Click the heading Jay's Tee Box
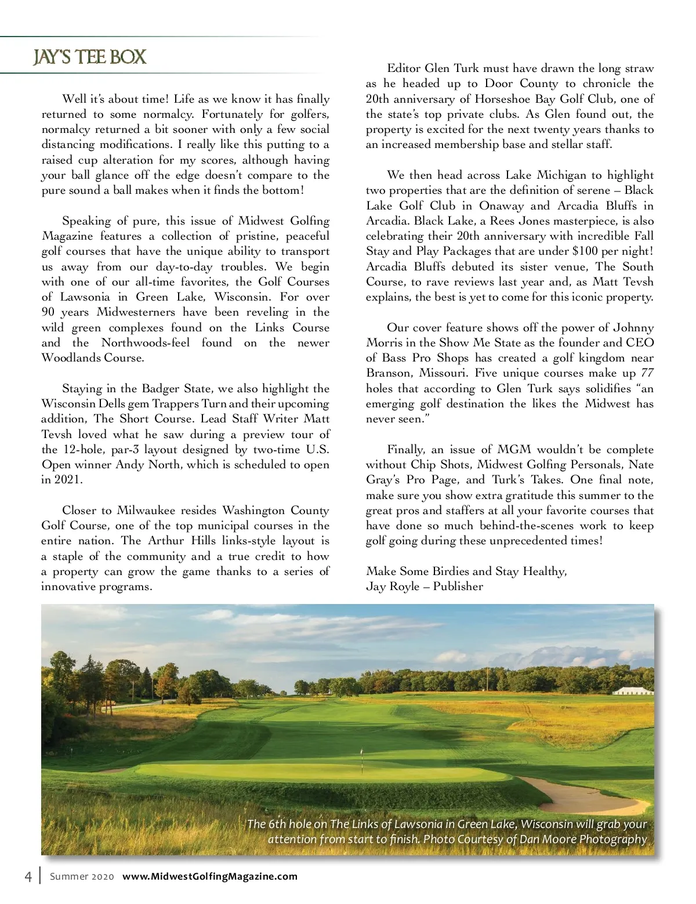89,57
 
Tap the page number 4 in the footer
27,876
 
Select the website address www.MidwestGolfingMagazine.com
210,876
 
